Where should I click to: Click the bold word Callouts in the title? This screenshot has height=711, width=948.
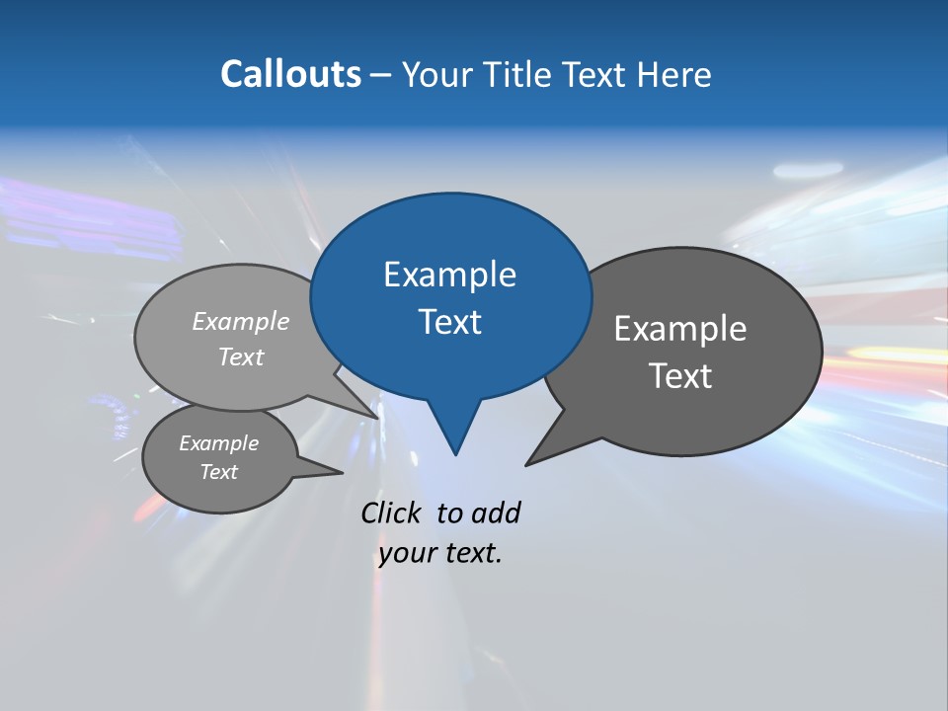point(290,74)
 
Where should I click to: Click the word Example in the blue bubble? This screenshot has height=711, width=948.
point(449,275)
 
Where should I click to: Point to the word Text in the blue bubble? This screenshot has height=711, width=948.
point(449,322)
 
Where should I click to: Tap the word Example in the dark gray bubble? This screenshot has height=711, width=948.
point(680,329)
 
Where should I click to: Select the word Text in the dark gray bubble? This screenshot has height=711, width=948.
point(680,376)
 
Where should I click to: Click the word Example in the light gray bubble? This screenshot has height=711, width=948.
point(241,321)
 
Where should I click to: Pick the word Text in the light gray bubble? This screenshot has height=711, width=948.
point(241,356)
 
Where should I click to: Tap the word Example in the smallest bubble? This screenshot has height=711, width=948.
point(218,443)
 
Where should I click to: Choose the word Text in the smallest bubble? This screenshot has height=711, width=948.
point(218,472)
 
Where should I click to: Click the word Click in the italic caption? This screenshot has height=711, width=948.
point(393,513)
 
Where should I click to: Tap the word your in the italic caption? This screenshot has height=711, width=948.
point(406,553)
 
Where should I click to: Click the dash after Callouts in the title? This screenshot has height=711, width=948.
point(381,75)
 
